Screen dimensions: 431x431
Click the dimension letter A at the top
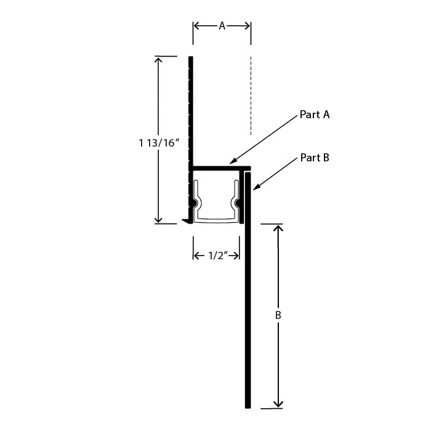click(222, 26)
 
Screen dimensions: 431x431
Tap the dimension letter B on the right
click(278, 315)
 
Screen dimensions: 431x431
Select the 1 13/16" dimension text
click(159, 143)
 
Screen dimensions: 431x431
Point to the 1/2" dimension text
click(218, 256)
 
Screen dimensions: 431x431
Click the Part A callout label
click(315, 115)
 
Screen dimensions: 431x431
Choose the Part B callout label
click(315, 158)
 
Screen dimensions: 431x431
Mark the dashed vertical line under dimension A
click(251, 95)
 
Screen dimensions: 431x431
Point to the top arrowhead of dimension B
click(278, 227)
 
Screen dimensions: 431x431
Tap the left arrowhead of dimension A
click(196, 26)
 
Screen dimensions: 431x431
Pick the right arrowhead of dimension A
click(248, 26)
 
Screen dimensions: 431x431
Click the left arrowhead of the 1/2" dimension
click(196, 256)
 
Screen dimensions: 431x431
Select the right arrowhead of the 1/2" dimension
click(236, 256)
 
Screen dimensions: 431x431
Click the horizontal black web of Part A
click(222, 168)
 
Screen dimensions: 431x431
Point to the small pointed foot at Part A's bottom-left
click(187, 221)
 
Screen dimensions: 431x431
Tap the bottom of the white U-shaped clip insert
click(216, 220)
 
